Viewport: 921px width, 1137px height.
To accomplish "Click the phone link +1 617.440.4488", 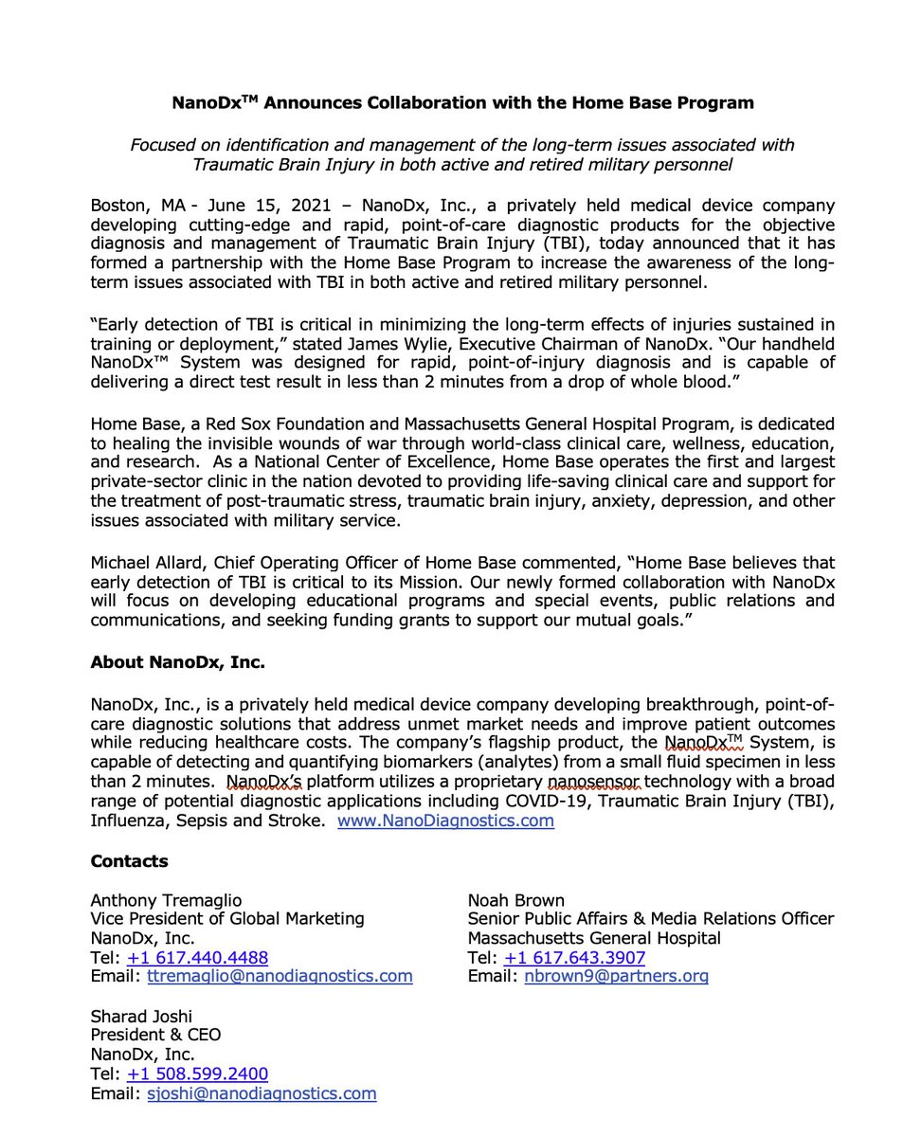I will click(x=197, y=958).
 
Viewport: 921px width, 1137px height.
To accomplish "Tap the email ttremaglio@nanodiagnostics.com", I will click(x=279, y=976).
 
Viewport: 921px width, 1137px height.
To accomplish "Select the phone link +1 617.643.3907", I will click(x=574, y=958).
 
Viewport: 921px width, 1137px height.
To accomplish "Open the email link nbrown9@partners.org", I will click(x=616, y=976).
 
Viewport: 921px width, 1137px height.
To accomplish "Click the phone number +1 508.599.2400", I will click(x=197, y=1074).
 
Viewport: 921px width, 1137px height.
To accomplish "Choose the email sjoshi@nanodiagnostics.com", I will click(x=261, y=1093).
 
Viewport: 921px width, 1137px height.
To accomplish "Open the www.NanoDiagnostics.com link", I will click(x=445, y=821).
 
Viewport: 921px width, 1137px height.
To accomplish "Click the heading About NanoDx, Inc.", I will click(x=177, y=663).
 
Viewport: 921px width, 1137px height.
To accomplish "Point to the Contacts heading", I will click(x=129, y=860).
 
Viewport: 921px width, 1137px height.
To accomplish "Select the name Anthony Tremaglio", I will click(x=166, y=900).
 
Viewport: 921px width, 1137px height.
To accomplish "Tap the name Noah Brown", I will click(x=516, y=900).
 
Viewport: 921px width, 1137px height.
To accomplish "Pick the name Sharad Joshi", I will click(x=142, y=1017).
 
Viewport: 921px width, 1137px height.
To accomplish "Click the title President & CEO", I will click(x=154, y=1036).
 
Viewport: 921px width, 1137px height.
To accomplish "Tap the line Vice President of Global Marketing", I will click(x=227, y=919).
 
